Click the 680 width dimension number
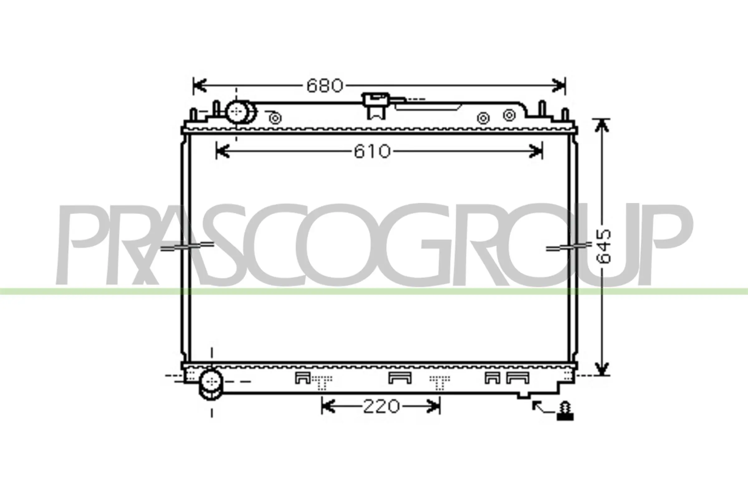coord(325,85)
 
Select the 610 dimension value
coord(372,151)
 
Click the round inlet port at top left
coord(237,112)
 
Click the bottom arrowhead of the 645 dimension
coord(601,369)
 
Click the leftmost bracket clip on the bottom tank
coord(302,378)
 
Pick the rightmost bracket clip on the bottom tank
coord(518,378)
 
